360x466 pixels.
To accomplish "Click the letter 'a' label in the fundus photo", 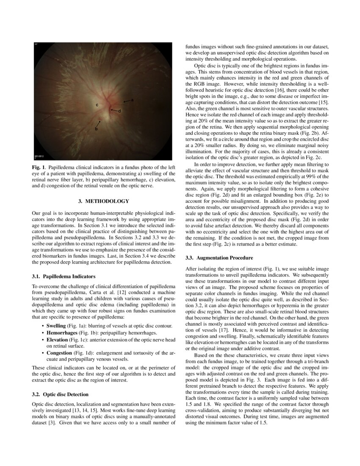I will pos(132,100).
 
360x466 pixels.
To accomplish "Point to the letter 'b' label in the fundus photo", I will pos(96,128).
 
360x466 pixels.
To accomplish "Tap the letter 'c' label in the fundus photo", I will pos(97,105).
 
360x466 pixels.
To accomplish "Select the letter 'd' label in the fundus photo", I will pos(119,111).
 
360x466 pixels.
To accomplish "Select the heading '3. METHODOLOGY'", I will pos(104,201).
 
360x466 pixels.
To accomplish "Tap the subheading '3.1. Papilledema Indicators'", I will pos(61,276).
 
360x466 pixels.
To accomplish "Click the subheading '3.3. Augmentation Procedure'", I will pos(219,258).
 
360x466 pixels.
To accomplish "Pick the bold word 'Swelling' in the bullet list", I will pos(56,325).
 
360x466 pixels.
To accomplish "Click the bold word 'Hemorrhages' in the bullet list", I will pos(61,333).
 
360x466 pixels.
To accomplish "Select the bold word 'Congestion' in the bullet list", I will pos(59,352).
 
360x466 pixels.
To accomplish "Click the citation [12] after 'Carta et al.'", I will pos(119,292).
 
